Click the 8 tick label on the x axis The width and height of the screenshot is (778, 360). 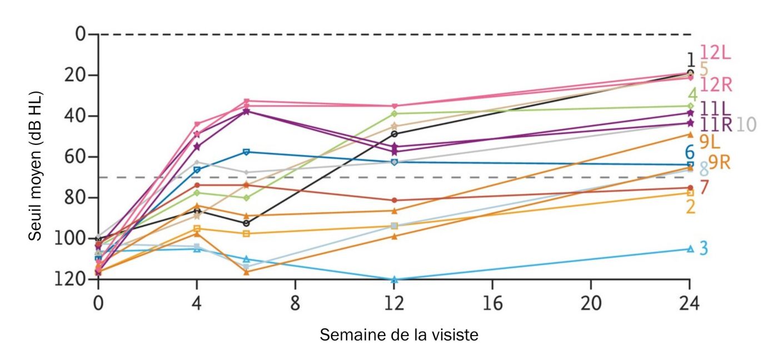pyautogui.click(x=295, y=303)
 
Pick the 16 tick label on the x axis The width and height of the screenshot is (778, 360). pyautogui.click(x=492, y=303)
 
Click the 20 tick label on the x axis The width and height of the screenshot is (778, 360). pyautogui.click(x=591, y=303)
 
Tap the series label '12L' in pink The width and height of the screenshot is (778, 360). pyautogui.click(x=715, y=52)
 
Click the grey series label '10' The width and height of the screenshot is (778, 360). pyautogui.click(x=746, y=125)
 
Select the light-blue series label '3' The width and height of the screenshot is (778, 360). pyautogui.click(x=704, y=248)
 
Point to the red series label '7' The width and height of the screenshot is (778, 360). pyautogui.click(x=704, y=188)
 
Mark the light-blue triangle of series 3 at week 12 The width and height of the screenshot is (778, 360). pyautogui.click(x=394, y=279)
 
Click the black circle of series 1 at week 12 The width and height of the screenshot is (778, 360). pyautogui.click(x=394, y=134)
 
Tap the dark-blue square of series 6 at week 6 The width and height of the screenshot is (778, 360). pyautogui.click(x=246, y=152)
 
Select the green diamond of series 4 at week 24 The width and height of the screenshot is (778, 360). pyautogui.click(x=690, y=106)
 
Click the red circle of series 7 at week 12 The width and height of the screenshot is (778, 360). pyautogui.click(x=394, y=200)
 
